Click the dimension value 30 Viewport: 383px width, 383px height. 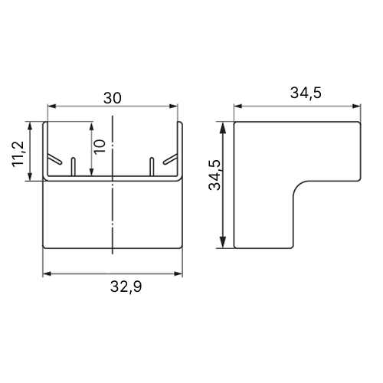[x=113, y=98]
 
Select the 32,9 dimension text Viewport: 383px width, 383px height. [x=126, y=286]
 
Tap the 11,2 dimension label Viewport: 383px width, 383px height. [x=18, y=154]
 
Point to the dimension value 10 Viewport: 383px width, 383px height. [x=100, y=146]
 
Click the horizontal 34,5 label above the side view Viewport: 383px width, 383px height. [x=306, y=93]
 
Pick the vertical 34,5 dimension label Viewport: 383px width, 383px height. [x=214, y=175]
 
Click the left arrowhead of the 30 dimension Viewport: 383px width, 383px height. [x=52, y=106]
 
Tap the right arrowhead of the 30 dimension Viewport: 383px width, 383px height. [x=173, y=106]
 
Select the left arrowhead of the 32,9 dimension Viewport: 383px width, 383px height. [x=47, y=273]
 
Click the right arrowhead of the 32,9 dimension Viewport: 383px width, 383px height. [x=178, y=273]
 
